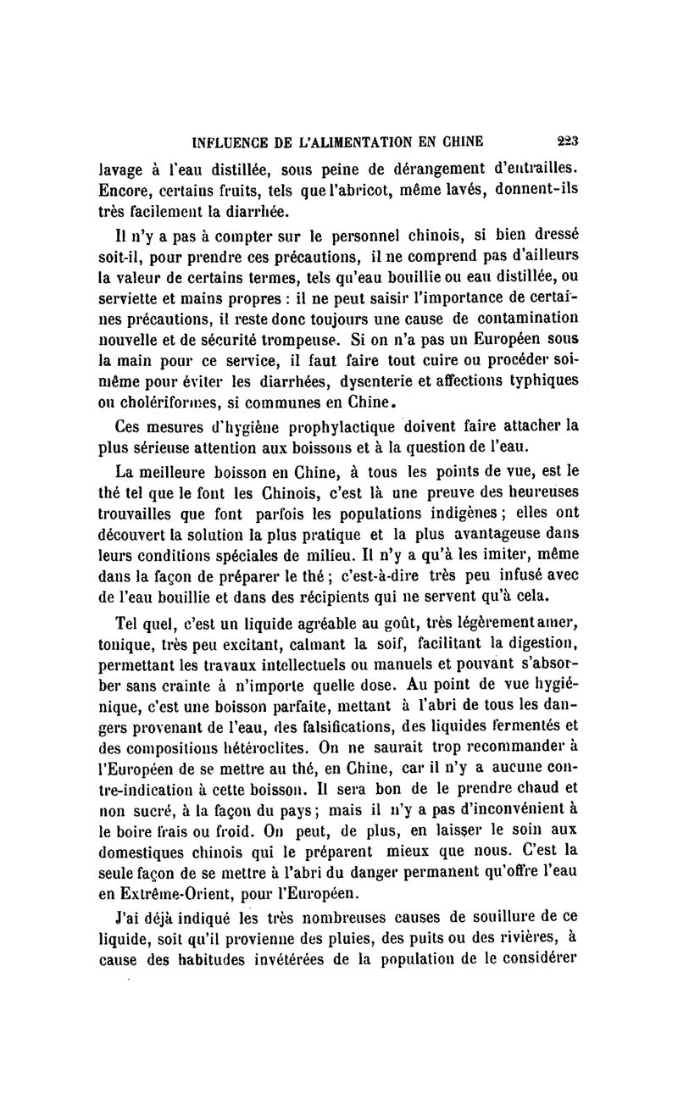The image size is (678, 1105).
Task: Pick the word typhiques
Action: click(x=547, y=380)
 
